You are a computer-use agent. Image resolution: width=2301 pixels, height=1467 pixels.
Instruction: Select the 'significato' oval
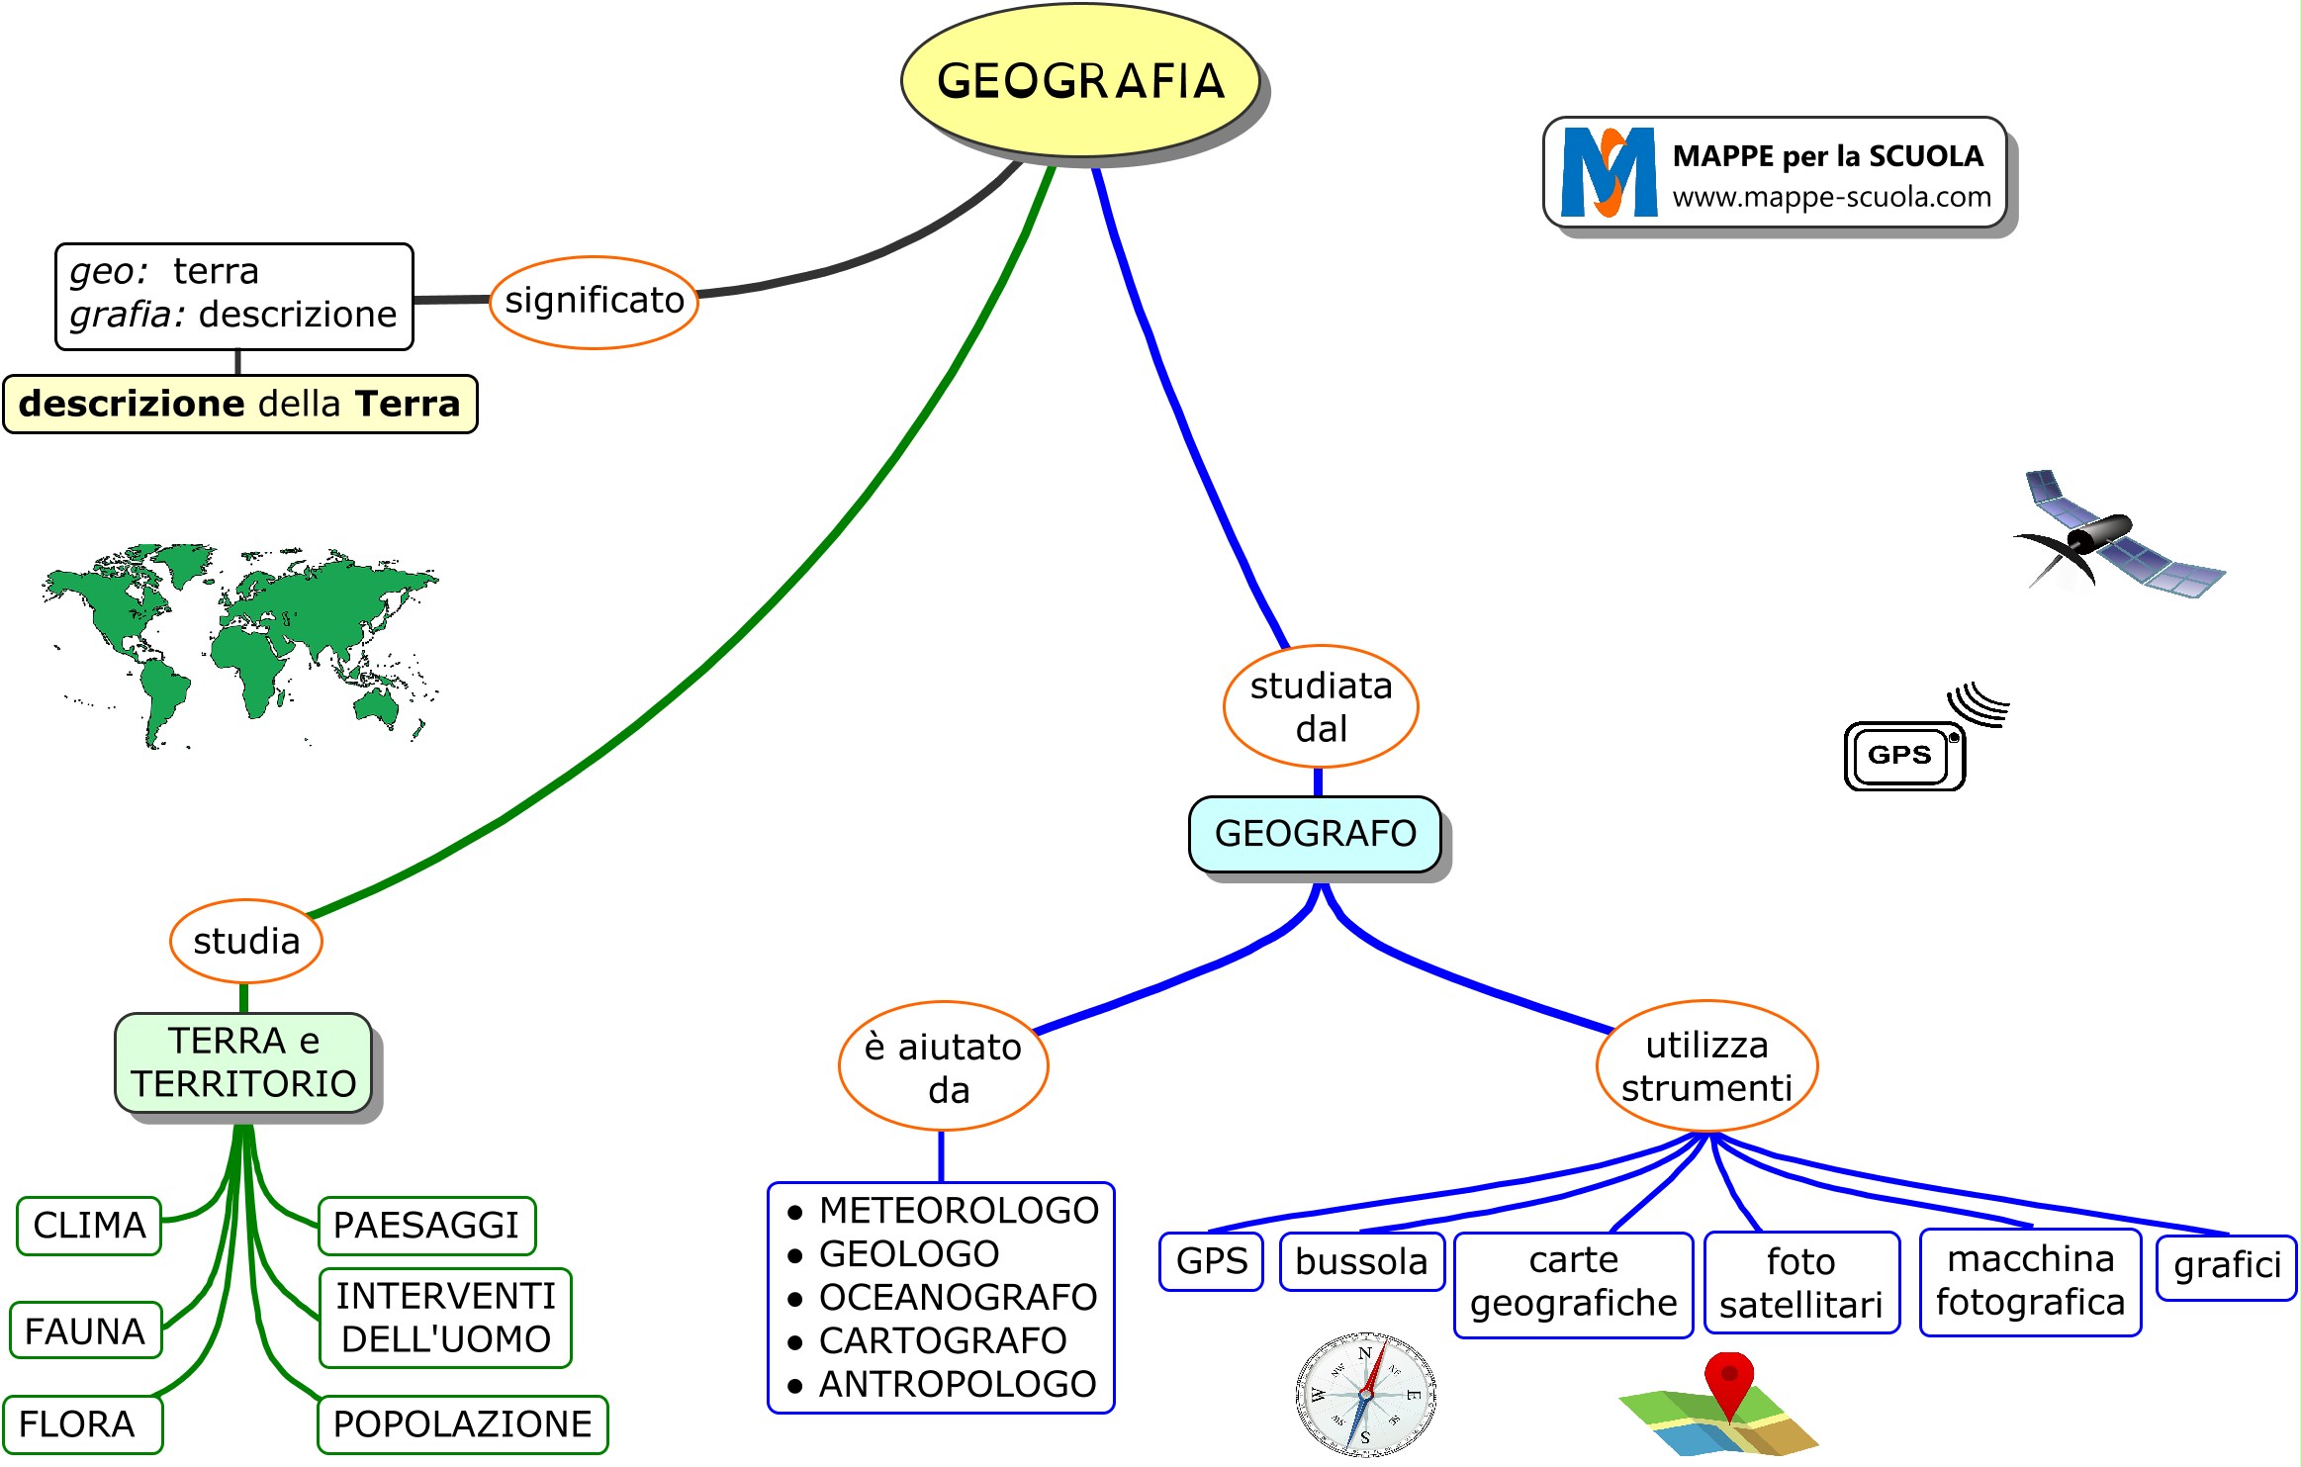(594, 301)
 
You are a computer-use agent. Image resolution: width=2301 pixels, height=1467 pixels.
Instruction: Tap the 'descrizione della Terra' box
(239, 404)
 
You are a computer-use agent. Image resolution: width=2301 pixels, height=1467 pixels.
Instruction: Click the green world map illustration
(240, 641)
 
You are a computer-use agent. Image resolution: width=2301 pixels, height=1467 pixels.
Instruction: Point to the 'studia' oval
(246, 941)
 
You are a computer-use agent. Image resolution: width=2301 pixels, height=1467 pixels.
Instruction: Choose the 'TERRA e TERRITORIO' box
(243, 1062)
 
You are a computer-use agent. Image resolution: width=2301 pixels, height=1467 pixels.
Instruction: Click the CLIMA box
(89, 1226)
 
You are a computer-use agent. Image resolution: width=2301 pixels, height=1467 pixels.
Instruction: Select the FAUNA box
(85, 1331)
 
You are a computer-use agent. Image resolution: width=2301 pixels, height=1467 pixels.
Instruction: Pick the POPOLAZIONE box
(462, 1424)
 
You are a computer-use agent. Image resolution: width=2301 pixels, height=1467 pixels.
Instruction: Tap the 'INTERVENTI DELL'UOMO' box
(445, 1318)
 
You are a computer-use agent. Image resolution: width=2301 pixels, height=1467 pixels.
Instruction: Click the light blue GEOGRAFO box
(1315, 834)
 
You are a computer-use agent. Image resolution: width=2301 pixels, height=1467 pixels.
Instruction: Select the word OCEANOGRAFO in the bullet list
(958, 1297)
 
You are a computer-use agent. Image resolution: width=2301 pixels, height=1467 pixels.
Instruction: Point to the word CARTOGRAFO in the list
(943, 1340)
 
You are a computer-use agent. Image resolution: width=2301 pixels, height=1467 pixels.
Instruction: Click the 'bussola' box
(1361, 1262)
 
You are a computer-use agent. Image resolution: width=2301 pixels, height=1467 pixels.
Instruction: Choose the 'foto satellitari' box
(1800, 1283)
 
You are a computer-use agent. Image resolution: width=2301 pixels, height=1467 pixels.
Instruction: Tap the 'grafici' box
(2226, 1266)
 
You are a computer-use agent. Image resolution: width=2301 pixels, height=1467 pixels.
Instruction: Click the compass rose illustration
(1365, 1395)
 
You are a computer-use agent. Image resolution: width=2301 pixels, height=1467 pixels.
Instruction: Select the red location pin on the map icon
(1728, 1380)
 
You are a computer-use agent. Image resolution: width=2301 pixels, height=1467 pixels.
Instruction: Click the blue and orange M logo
(1609, 172)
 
